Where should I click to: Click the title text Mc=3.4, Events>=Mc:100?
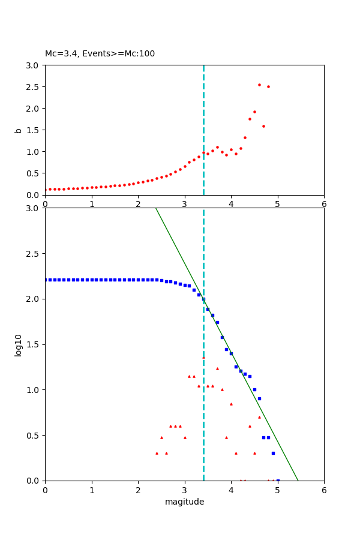(100, 54)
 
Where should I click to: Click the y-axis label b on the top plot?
(19, 130)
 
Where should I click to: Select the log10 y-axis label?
(19, 345)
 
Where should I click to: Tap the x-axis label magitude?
(184, 502)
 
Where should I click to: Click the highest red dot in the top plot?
(259, 85)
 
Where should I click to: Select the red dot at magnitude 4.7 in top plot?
(263, 126)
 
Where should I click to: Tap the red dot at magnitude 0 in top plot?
(45, 190)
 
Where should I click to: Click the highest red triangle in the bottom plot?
(203, 358)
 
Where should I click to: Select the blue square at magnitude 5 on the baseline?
(278, 481)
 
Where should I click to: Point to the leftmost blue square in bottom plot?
(46, 280)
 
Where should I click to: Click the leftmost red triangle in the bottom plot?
(157, 453)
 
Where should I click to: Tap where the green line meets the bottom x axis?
(298, 481)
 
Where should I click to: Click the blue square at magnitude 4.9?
(273, 453)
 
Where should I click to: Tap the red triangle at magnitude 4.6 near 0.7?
(259, 417)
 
